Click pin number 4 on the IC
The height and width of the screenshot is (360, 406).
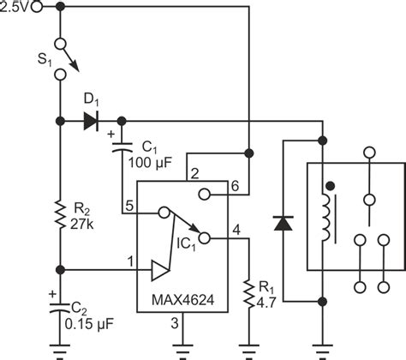tap(236, 227)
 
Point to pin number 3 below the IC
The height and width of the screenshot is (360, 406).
tap(176, 323)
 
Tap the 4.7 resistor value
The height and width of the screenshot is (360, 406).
tap(271, 302)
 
